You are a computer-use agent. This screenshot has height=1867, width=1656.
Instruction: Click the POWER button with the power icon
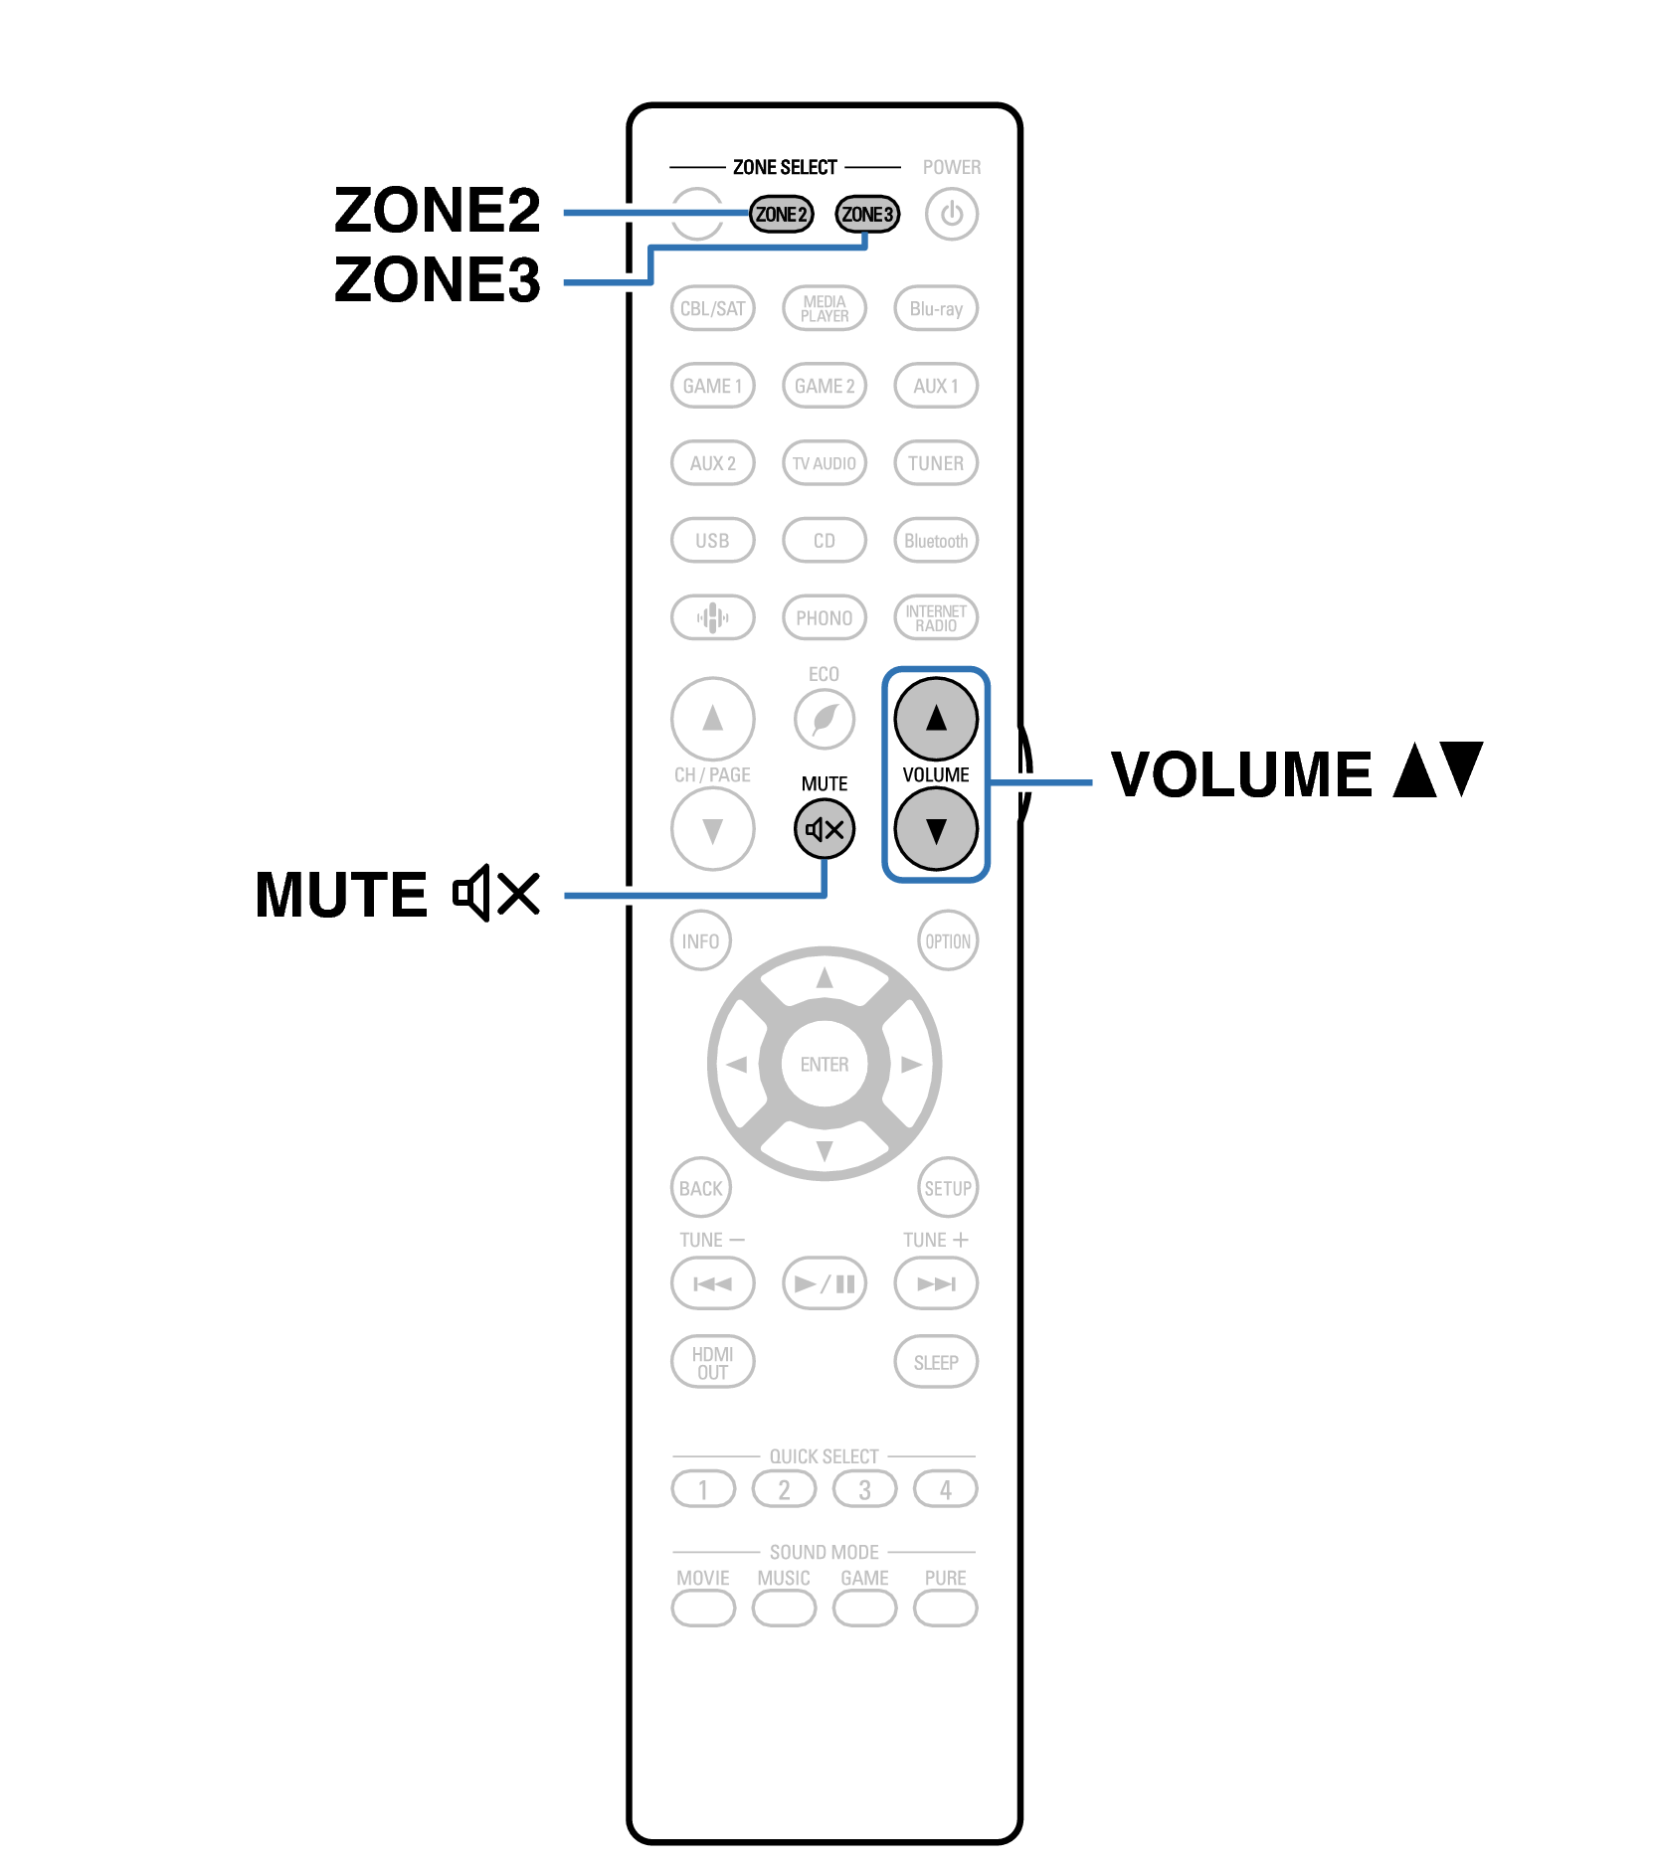pos(951,214)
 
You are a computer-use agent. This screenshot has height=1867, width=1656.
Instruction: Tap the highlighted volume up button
pos(935,718)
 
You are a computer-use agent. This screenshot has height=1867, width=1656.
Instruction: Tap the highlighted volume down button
pos(935,829)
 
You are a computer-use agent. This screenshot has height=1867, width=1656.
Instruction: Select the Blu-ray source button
pos(935,308)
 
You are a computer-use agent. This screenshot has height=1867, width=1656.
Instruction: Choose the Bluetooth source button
pos(935,541)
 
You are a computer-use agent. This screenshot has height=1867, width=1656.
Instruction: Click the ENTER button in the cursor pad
pos(824,1064)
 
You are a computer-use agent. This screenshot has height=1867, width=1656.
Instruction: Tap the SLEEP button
pos(935,1362)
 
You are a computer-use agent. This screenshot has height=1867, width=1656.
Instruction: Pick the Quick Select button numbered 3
pos(864,1489)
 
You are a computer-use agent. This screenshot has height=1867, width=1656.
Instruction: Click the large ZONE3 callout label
pos(438,279)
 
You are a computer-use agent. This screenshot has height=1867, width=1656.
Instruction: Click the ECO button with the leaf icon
pos(824,719)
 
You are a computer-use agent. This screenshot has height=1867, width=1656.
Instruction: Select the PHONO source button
pos(824,617)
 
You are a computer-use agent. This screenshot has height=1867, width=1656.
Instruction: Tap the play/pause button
pos(824,1283)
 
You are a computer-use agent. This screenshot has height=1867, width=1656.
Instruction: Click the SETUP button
pos(947,1188)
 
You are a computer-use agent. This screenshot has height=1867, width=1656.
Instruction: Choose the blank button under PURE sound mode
pos(945,1608)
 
